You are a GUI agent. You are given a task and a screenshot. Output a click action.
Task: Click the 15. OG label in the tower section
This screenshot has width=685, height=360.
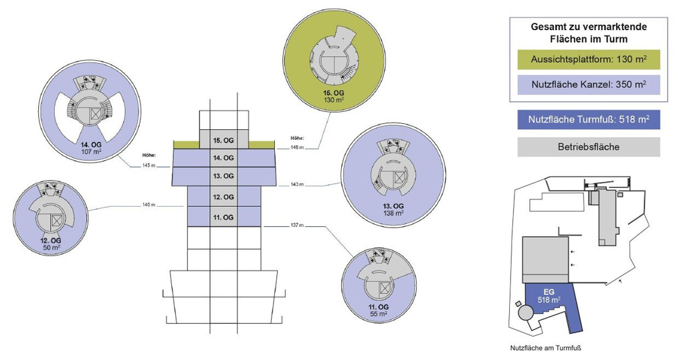point(223,140)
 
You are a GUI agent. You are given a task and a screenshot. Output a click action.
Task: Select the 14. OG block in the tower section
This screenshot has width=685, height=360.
point(223,158)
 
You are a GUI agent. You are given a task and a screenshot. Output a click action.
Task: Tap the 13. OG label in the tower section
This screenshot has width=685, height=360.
point(223,176)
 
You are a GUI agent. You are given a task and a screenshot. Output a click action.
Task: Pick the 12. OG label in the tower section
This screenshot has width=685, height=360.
point(223,197)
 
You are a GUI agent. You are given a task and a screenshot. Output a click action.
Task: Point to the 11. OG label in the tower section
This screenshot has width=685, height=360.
point(223,217)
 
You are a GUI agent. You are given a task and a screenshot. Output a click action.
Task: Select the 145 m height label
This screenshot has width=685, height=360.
point(149,165)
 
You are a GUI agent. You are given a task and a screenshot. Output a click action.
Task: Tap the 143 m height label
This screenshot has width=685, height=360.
point(297,184)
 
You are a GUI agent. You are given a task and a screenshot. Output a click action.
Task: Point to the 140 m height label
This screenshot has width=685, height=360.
point(149,205)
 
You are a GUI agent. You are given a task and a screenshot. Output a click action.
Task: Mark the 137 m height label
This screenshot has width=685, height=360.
point(297,226)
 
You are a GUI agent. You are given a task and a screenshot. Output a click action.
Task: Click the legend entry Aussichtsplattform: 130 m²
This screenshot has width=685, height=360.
point(589,60)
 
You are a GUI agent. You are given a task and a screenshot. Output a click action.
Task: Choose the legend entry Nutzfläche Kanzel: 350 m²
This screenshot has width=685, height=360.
point(589,84)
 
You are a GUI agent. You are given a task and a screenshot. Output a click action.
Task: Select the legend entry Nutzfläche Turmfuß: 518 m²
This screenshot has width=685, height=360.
point(589,120)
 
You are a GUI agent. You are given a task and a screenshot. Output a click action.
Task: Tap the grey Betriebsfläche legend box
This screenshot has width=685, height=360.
point(589,147)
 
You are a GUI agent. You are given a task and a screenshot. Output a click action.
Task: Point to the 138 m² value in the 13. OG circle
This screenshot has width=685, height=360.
point(393,213)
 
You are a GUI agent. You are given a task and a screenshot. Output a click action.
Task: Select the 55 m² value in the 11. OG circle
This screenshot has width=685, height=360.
point(379,313)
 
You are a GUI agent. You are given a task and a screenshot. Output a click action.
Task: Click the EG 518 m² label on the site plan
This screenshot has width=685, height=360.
point(549,296)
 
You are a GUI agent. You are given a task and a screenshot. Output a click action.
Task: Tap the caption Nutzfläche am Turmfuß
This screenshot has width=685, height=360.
point(547,348)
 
